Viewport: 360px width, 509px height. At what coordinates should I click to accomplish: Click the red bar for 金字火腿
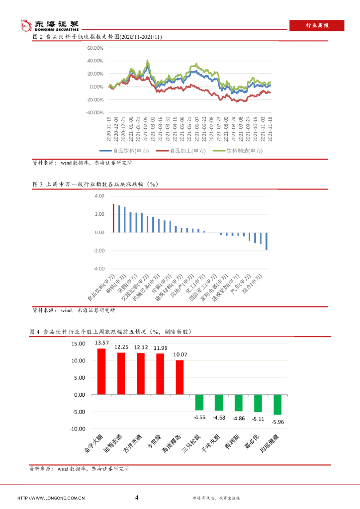click(x=101, y=371)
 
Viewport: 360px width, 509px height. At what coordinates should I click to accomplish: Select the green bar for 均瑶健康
click(x=277, y=405)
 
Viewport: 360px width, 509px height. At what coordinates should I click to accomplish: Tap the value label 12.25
click(x=121, y=347)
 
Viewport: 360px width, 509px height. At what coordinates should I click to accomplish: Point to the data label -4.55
click(x=199, y=418)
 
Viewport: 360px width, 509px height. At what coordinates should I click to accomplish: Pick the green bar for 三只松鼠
click(x=199, y=402)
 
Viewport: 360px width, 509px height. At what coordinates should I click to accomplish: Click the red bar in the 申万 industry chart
click(x=113, y=218)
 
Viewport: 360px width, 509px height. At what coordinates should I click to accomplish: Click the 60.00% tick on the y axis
click(x=94, y=48)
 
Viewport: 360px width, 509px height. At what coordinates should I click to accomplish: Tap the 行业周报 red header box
click(x=317, y=25)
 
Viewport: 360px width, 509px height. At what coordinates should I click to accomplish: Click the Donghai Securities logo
click(x=49, y=25)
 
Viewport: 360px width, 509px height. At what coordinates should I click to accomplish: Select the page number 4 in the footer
click(x=137, y=497)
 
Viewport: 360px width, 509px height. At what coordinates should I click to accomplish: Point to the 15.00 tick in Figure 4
click(x=79, y=344)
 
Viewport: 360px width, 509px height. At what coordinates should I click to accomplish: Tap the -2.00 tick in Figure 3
click(x=98, y=251)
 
